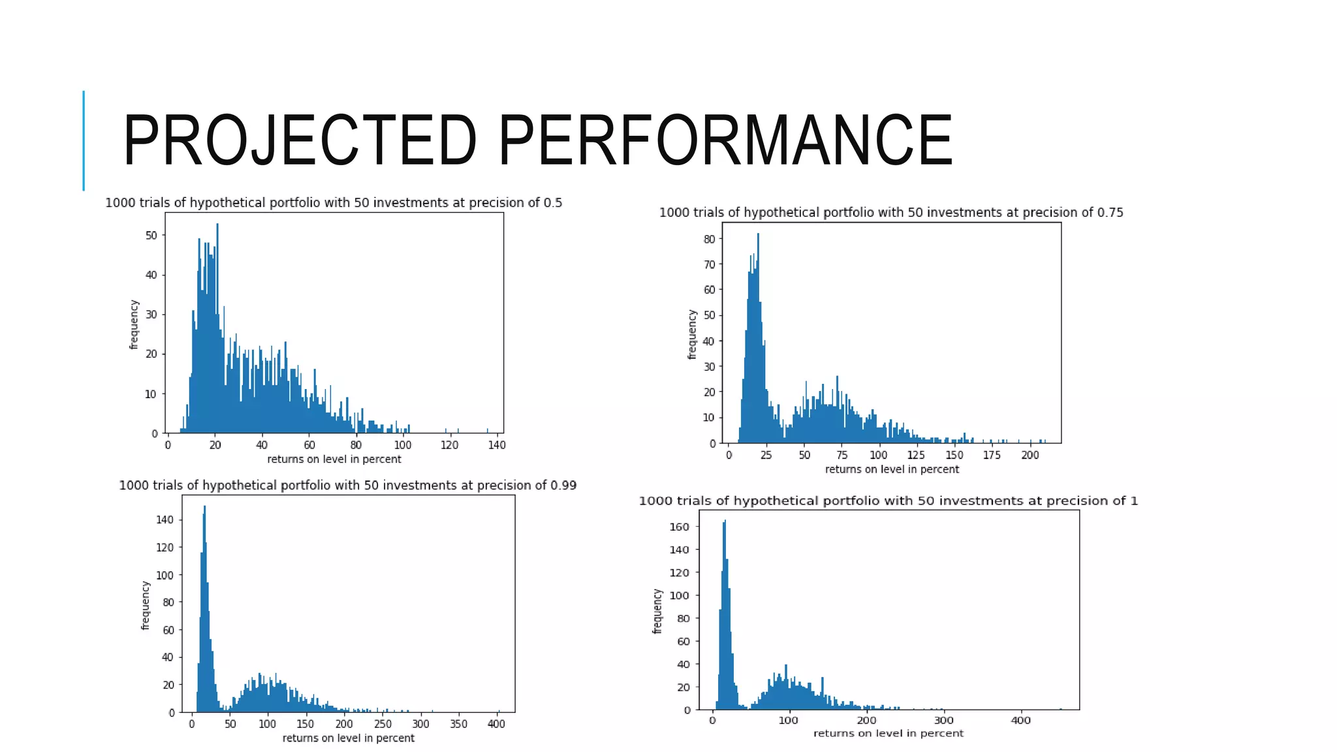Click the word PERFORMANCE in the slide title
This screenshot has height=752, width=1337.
(x=725, y=140)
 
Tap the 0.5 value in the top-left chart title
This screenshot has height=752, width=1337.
(x=552, y=203)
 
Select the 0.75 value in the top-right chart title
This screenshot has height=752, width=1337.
(x=1110, y=213)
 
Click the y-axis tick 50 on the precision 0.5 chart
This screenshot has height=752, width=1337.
(x=151, y=236)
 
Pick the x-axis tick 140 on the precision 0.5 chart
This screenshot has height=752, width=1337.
(x=497, y=445)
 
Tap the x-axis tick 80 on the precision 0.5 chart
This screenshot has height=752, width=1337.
(x=356, y=445)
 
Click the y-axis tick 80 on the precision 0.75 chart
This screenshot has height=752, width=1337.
(x=709, y=239)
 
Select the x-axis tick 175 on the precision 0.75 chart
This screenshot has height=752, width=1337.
(x=992, y=455)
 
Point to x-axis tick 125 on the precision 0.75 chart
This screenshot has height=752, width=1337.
(x=916, y=455)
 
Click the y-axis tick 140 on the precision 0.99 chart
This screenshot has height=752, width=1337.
(x=165, y=520)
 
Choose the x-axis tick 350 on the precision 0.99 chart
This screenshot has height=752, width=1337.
(x=458, y=724)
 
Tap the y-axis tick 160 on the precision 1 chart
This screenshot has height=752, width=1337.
(x=680, y=527)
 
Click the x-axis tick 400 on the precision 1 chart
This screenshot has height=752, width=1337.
(x=1021, y=721)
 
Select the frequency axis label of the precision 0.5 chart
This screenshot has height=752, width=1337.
(x=134, y=324)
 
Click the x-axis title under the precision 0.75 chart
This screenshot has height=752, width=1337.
(x=892, y=469)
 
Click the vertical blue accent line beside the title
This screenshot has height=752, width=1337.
(x=84, y=140)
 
